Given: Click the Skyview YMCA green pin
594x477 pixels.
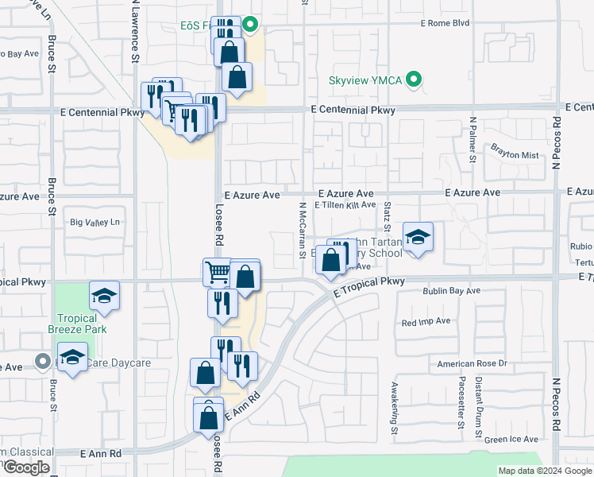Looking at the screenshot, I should tap(413, 80).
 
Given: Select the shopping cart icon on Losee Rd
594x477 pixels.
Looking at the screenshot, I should tap(217, 273).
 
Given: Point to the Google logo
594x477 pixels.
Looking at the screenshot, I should tap(26, 467).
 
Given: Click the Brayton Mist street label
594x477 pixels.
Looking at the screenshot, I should tap(514, 155).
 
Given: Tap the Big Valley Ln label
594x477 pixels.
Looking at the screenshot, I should tap(95, 223).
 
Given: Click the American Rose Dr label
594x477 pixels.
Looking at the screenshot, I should tap(472, 363).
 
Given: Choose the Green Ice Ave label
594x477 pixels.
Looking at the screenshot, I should tap(511, 439).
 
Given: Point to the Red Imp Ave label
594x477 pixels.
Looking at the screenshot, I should tap(426, 321).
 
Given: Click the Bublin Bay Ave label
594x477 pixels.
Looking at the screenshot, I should tap(452, 292).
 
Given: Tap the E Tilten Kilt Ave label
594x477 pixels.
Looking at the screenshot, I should tap(345, 205).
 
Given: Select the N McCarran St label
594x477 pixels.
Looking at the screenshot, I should tap(302, 231).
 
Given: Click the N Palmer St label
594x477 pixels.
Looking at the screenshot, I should tap(472, 140).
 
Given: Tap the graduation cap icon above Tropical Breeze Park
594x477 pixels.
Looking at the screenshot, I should tap(104, 297).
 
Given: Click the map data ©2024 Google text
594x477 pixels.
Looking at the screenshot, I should tap(543, 471).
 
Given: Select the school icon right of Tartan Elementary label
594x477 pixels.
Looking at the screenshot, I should tap(418, 237).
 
